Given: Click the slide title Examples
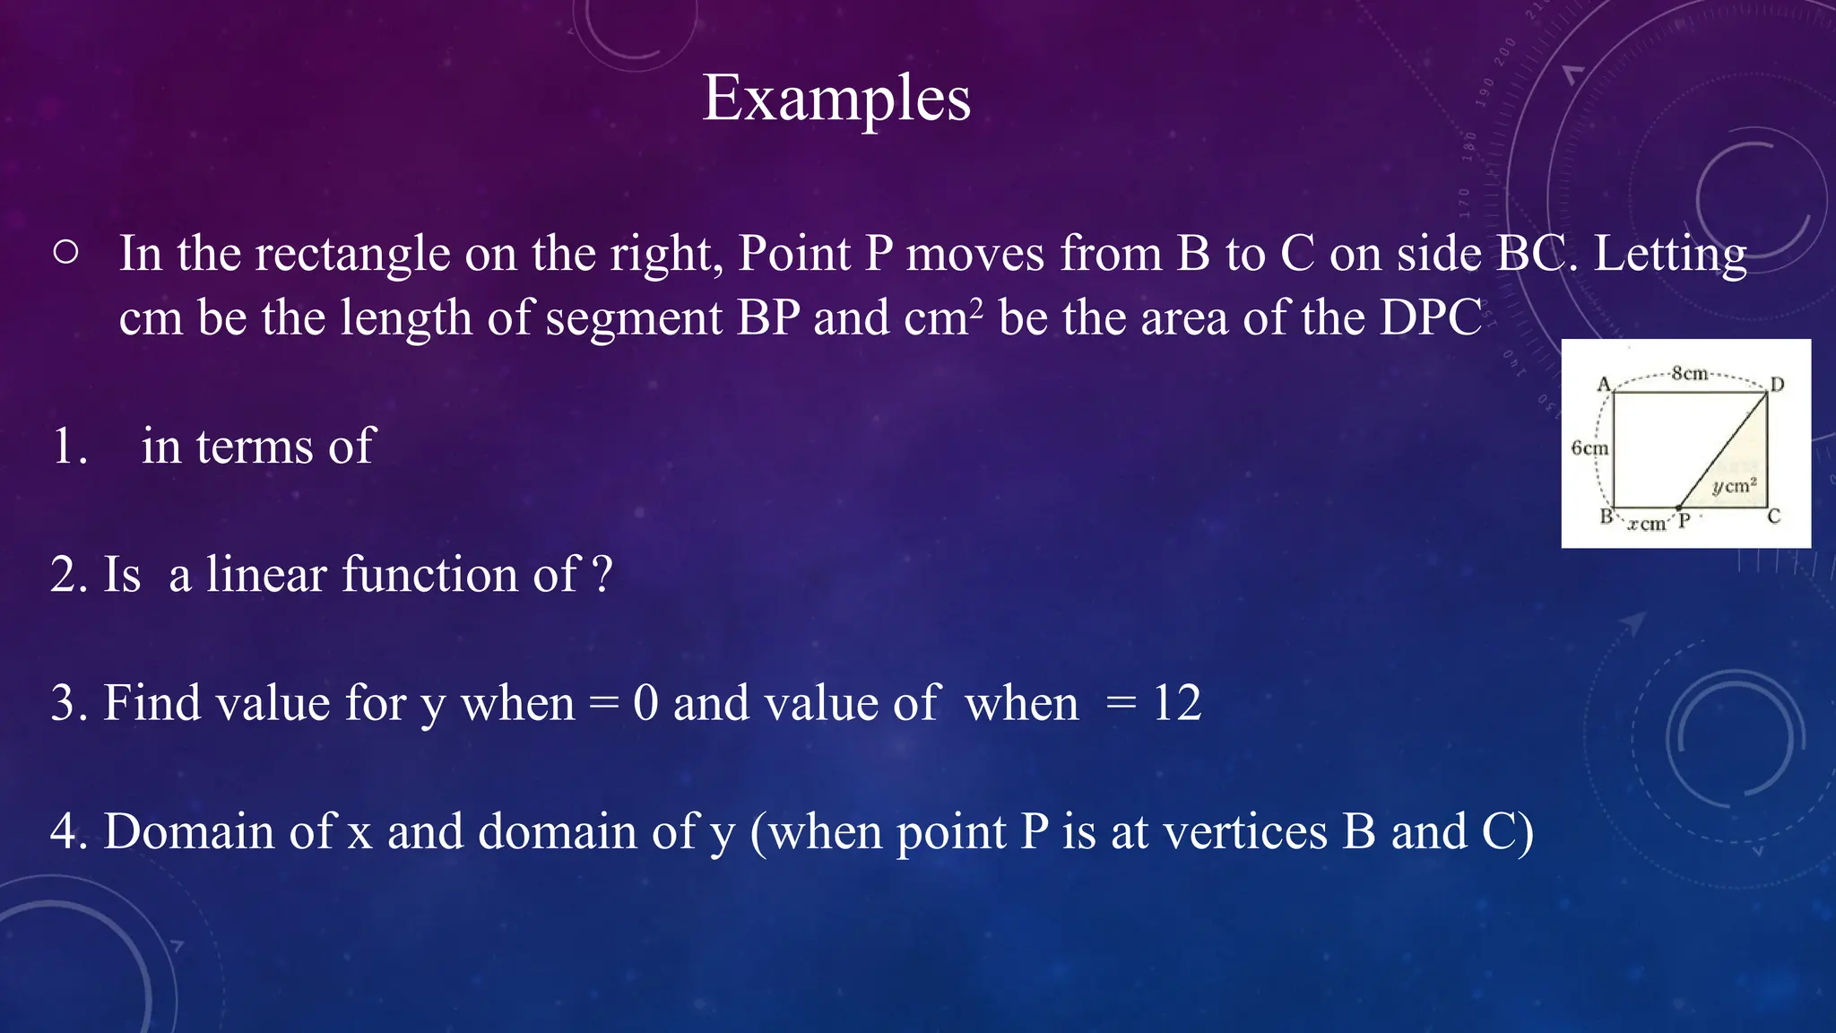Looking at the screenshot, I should tap(836, 98).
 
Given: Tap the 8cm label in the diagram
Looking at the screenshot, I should tap(1690, 373).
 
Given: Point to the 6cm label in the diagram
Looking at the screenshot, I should tap(1589, 447).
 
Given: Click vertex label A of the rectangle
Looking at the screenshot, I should tap(1604, 384).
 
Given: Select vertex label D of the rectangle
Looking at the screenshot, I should tap(1777, 385).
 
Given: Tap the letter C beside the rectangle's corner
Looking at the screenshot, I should tap(1773, 516).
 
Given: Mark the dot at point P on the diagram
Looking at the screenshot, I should tap(1679, 508).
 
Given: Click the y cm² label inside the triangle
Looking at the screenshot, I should tap(1734, 486).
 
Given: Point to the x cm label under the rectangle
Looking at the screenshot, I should tap(1647, 524).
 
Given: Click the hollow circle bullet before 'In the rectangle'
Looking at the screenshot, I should tap(65, 253).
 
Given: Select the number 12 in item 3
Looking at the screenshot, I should tap(1176, 703).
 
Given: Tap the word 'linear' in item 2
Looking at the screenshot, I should tap(266, 574).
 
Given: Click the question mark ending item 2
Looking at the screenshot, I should tap(603, 574).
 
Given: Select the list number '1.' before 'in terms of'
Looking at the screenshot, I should tap(69, 446).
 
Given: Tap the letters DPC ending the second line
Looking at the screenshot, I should tap(1430, 317).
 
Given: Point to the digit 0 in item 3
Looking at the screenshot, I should tap(645, 703).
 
